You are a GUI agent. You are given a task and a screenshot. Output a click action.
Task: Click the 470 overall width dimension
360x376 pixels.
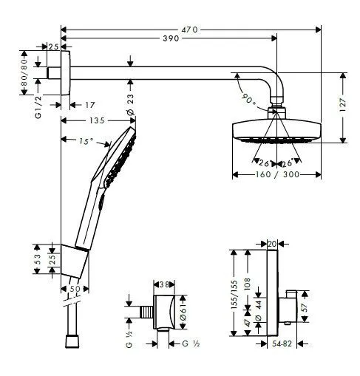pos(191,30)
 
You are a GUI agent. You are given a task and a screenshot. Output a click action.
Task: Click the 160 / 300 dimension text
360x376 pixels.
pos(277,175)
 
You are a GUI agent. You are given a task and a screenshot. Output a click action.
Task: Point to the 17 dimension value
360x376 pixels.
pos(90,106)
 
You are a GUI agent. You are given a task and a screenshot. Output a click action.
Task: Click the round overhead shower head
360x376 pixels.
pos(277,130)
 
